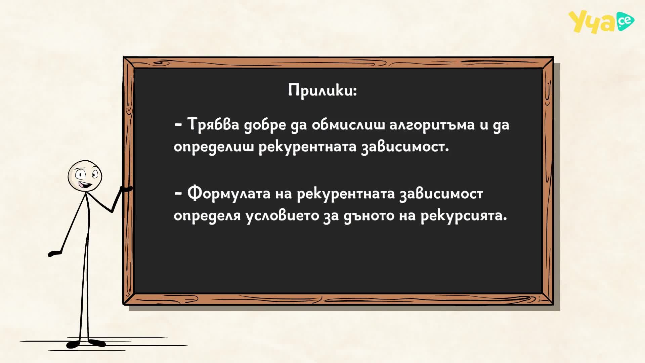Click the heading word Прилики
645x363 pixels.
pos(322,90)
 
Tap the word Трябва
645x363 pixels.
pos(213,124)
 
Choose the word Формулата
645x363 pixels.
pos(229,193)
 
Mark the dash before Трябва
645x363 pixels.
pos(178,124)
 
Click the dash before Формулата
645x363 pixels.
pos(178,193)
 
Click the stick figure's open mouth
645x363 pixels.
pos(85,185)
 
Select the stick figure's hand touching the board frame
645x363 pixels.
pos(126,189)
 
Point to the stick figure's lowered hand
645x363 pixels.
pos(54,253)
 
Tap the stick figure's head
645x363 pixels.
pos(85,176)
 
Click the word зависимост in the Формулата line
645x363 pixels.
pos(441,193)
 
